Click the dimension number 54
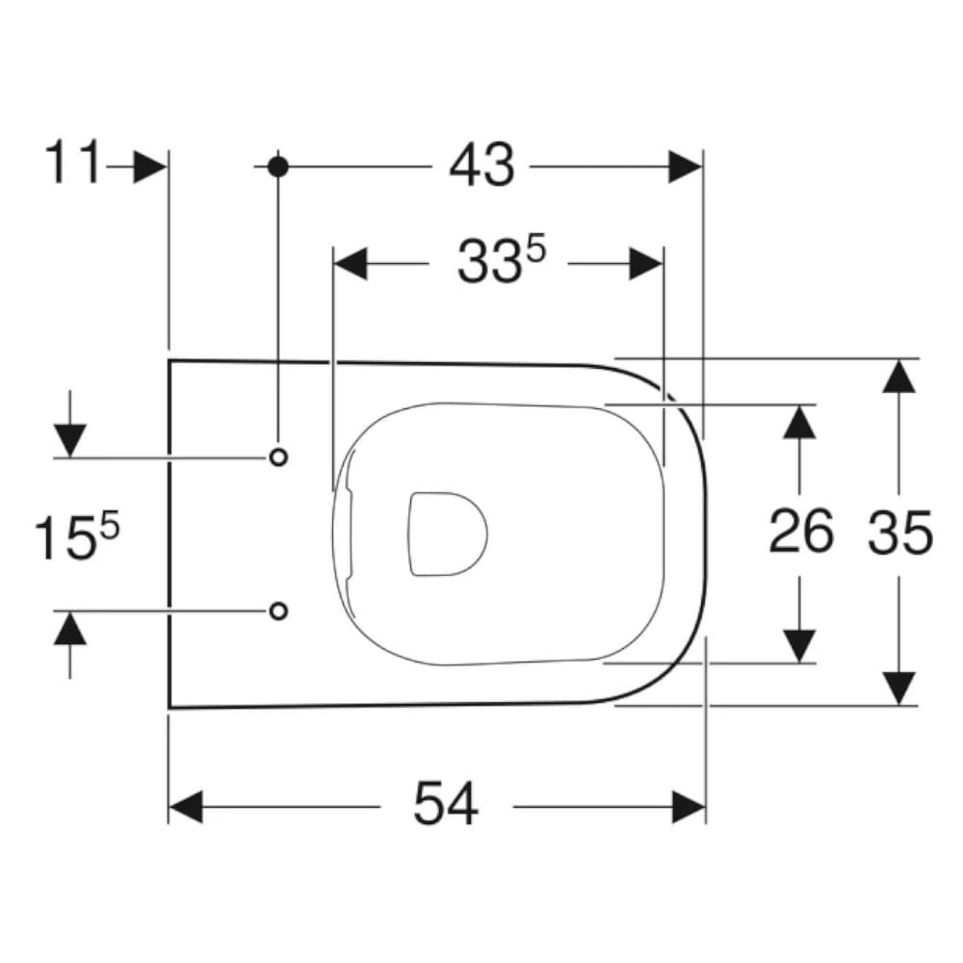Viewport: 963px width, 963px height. click(x=446, y=803)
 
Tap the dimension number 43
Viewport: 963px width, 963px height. click(x=482, y=166)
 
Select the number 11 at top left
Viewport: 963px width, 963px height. click(x=72, y=162)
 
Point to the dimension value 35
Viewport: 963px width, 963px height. click(x=899, y=532)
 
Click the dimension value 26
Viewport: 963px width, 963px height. click(x=800, y=531)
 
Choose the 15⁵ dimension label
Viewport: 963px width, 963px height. click(x=76, y=536)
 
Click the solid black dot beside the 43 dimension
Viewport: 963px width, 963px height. click(x=278, y=167)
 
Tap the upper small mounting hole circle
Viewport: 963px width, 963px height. click(x=279, y=456)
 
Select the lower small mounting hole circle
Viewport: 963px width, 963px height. click(x=279, y=611)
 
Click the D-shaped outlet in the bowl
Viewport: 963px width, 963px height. click(x=448, y=534)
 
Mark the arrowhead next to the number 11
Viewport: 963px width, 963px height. click(x=150, y=167)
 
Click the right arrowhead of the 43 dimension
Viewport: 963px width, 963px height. click(x=685, y=167)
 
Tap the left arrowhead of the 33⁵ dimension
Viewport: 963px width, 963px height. click(x=351, y=264)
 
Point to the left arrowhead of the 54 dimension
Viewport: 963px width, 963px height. click(x=186, y=807)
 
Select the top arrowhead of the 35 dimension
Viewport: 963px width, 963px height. click(x=899, y=376)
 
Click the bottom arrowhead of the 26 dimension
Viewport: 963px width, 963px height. click(x=799, y=646)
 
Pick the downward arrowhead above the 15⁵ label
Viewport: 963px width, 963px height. click(x=70, y=441)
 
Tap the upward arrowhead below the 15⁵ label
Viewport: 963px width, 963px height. click(x=70, y=628)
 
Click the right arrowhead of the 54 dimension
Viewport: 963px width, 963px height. click(x=690, y=807)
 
